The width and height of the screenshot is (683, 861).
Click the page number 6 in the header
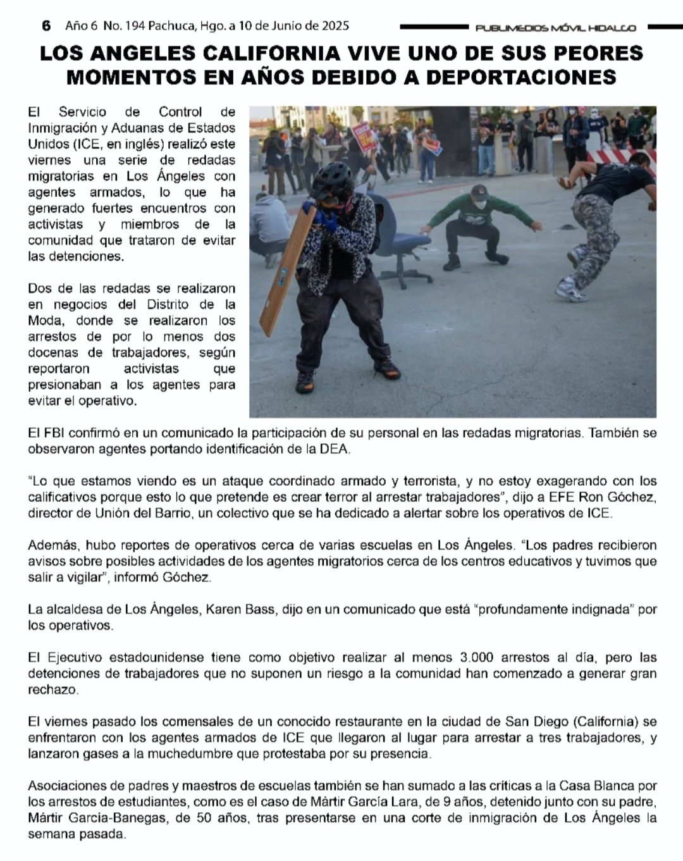[46, 26]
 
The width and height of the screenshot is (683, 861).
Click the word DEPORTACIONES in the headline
[521, 77]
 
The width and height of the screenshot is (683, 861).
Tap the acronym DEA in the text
[334, 449]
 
